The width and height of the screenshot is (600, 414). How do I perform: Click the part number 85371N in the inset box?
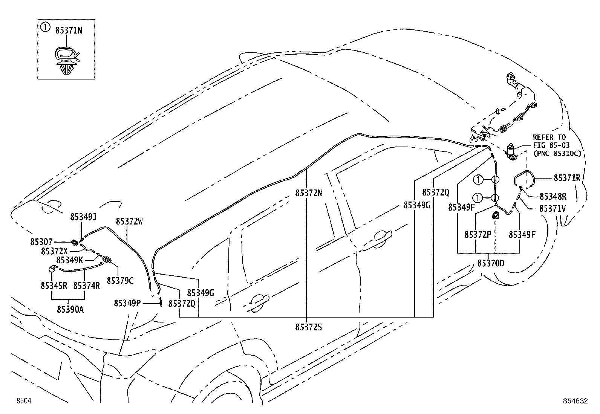pyautogui.click(x=69, y=31)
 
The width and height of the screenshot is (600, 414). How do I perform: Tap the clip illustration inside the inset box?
pyautogui.click(x=66, y=61)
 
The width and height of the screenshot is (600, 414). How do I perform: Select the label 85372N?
pyautogui.click(x=309, y=193)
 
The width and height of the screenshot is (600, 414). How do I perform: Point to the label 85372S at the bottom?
pyautogui.click(x=309, y=327)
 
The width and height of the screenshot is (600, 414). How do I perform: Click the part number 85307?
pyautogui.click(x=41, y=242)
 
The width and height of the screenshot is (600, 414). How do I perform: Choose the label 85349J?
pyautogui.click(x=83, y=217)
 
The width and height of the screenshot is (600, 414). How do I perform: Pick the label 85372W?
pyautogui.click(x=129, y=222)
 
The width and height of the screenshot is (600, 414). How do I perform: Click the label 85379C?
pyautogui.click(x=120, y=281)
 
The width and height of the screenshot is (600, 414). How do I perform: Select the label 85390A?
pyautogui.click(x=70, y=309)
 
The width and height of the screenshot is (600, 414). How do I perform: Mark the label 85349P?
pyautogui.click(x=127, y=303)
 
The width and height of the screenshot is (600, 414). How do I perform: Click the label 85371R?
pyautogui.click(x=567, y=178)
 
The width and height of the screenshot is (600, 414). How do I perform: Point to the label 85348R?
pyautogui.click(x=553, y=196)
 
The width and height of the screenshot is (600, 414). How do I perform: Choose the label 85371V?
pyautogui.click(x=552, y=208)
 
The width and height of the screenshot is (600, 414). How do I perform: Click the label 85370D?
pyautogui.click(x=491, y=263)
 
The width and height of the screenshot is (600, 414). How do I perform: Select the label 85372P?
pyautogui.click(x=478, y=235)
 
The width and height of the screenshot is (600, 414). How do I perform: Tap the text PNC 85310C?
pyautogui.click(x=557, y=153)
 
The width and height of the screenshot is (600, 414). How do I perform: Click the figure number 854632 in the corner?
pyautogui.click(x=575, y=401)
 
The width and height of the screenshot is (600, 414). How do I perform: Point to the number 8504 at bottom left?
pyautogui.click(x=24, y=400)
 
